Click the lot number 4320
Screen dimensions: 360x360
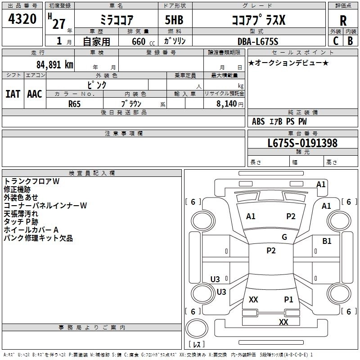[22, 19]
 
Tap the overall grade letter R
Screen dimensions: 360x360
[343, 21]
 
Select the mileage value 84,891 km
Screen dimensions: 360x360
[55, 65]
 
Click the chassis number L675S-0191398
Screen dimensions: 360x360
[302, 143]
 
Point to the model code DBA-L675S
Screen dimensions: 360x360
[258, 41]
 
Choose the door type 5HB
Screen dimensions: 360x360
[174, 20]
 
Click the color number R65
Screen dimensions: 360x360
[74, 104]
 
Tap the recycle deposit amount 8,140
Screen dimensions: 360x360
[226, 104]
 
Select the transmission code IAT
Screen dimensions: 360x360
[13, 94]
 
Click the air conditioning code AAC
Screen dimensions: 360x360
[35, 94]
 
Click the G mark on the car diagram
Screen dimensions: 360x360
[284, 237]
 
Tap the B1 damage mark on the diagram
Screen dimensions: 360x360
[327, 241]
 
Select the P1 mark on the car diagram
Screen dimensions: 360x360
[288, 300]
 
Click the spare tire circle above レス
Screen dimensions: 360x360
[197, 328]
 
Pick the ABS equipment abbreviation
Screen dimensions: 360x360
[258, 121]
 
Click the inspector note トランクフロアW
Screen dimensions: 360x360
[31, 181]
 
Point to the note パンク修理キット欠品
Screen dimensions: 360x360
[38, 238]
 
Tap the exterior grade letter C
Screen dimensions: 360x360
[336, 41]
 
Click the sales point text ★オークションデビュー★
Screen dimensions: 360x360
[288, 63]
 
